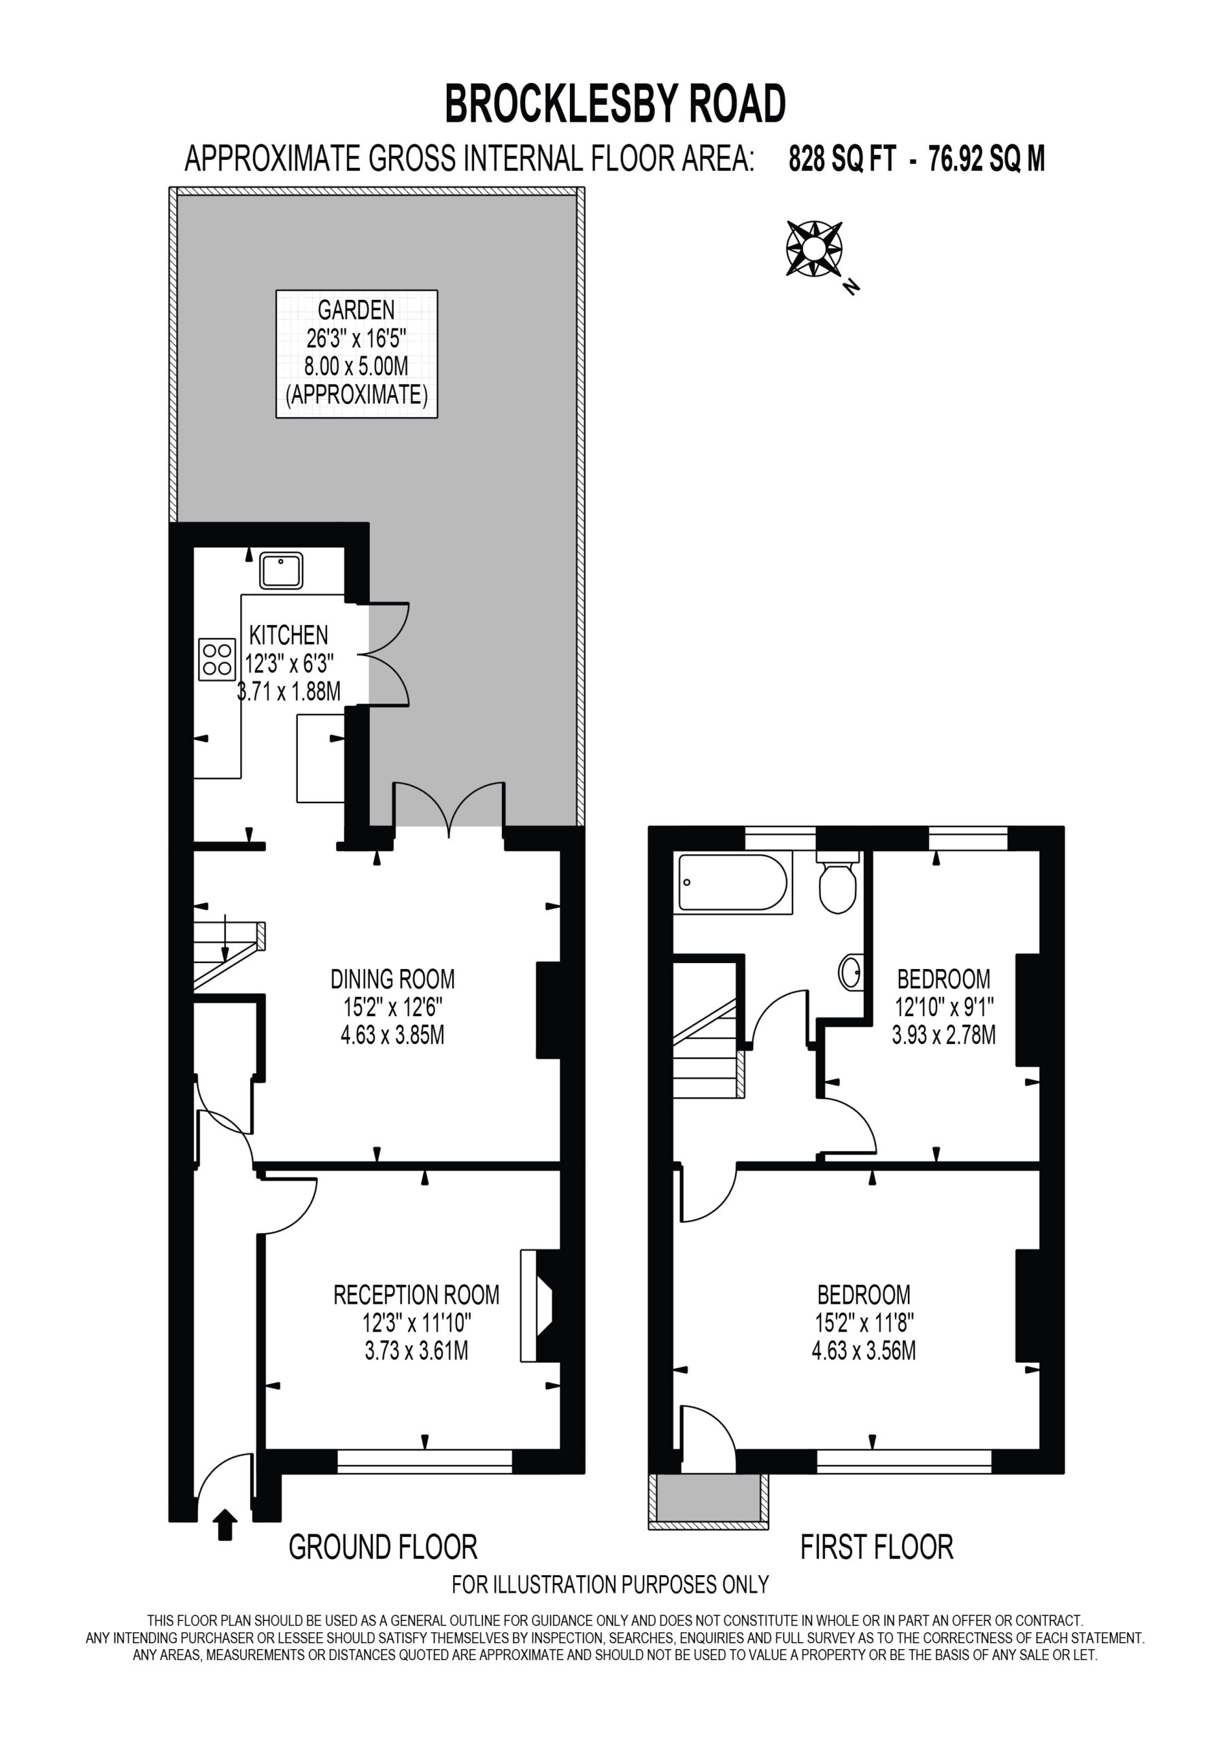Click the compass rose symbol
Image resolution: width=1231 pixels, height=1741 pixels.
point(814,248)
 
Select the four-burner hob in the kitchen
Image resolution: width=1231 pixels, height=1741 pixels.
point(217,659)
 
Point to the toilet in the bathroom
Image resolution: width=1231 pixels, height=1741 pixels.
point(837,883)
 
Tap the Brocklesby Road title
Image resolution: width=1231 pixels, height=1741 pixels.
point(615,104)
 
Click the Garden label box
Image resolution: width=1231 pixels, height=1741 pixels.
point(356,354)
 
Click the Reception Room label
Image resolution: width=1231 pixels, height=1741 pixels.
point(416,1294)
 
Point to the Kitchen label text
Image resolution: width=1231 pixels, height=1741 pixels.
point(289,635)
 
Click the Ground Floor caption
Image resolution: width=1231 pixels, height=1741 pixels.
point(383,1547)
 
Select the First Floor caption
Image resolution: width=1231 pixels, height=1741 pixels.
point(877,1547)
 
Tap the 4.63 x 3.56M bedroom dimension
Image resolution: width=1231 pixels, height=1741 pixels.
point(864,1351)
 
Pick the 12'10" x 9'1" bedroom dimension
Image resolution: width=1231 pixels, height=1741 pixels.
point(944,1007)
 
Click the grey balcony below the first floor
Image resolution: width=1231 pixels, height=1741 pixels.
point(709,1498)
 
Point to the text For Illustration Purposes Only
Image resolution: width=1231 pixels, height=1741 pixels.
point(611,1585)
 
